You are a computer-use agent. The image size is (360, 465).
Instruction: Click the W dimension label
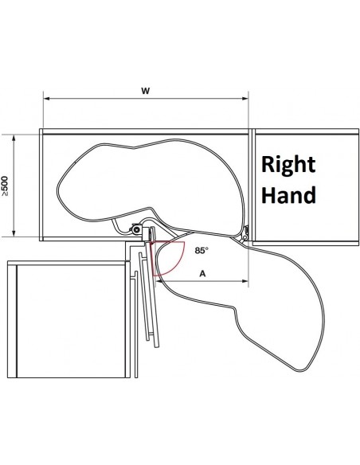click(145, 91)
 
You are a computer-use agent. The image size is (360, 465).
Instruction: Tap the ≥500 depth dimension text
click(5, 186)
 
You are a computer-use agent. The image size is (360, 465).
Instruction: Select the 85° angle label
click(202, 251)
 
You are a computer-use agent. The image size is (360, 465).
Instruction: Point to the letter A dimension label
click(202, 273)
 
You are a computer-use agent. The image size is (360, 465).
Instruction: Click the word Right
click(288, 165)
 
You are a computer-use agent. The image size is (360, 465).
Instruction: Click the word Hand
click(288, 194)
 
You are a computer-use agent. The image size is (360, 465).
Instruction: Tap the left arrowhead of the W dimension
click(46, 99)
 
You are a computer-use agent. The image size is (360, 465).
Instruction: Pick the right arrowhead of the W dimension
click(245, 99)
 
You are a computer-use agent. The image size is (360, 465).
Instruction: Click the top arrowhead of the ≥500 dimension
click(14, 138)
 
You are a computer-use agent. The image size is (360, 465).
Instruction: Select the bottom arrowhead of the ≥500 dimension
click(14, 233)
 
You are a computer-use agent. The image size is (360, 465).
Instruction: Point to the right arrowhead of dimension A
click(245, 281)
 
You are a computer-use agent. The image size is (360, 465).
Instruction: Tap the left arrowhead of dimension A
click(158, 281)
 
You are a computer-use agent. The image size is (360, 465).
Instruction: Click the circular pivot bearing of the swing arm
click(137, 229)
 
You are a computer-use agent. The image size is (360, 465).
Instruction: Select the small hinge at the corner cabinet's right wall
click(245, 233)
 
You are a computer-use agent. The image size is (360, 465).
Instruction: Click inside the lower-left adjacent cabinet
click(71, 321)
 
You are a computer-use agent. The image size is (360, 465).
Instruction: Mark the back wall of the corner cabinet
click(146, 131)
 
